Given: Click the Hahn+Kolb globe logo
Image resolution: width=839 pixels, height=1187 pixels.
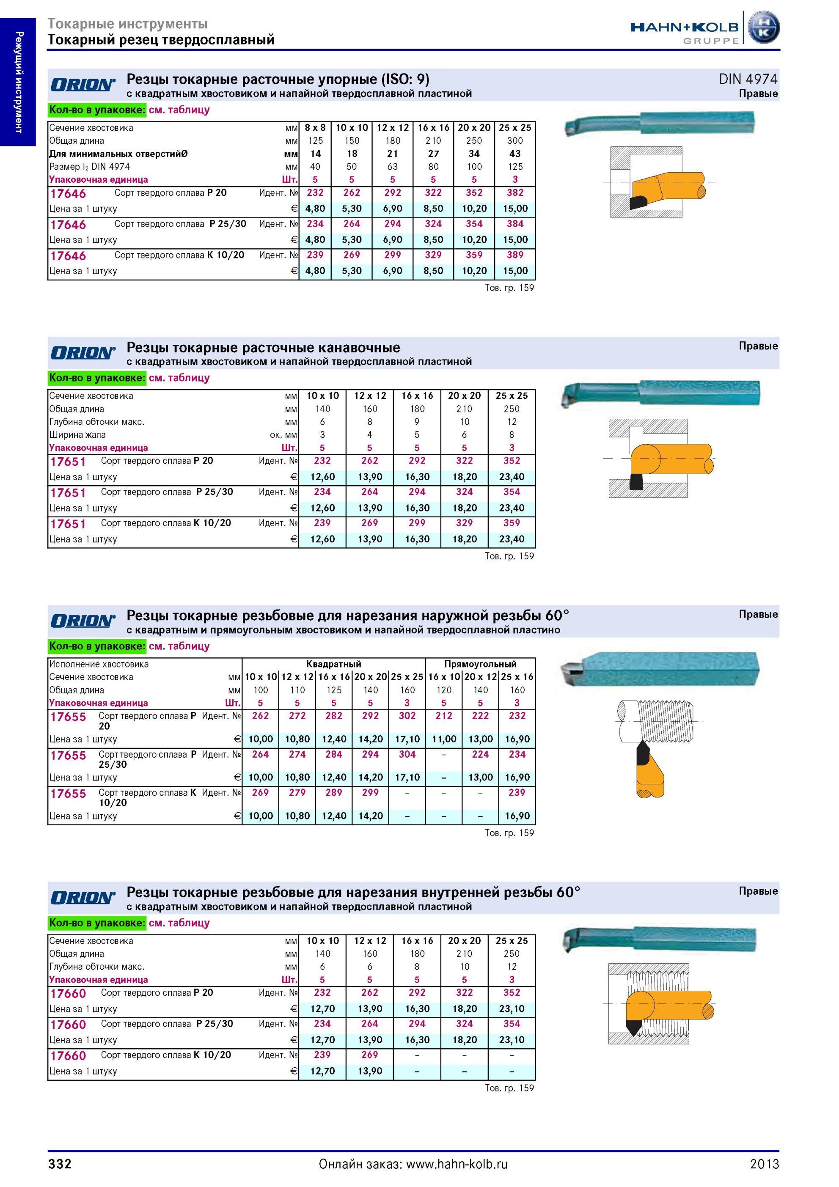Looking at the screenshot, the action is [x=764, y=28].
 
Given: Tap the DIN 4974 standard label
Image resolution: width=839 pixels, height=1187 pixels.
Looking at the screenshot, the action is [x=748, y=79].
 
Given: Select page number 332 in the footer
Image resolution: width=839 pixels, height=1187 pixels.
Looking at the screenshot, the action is [x=60, y=1164].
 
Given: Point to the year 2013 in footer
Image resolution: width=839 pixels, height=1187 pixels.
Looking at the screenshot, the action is [x=765, y=1164].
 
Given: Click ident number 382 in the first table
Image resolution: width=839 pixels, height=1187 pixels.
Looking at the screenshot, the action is [x=515, y=193].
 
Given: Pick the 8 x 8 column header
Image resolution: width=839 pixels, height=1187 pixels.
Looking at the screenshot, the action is [x=315, y=128].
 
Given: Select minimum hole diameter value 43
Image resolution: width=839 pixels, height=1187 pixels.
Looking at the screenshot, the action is [x=515, y=154].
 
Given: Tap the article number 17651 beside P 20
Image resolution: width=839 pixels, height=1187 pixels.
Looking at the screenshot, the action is [x=68, y=462].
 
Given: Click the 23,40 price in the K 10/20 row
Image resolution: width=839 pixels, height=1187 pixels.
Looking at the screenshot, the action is [x=512, y=539].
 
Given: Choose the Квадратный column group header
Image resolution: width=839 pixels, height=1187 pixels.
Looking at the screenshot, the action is [x=333, y=664].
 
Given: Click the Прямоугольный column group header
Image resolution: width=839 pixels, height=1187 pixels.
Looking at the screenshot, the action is [x=480, y=664].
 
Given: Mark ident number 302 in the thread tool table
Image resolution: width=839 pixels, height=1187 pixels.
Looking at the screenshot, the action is [x=407, y=715].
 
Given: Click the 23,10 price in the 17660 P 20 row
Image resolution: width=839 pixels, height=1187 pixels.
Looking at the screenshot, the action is [x=512, y=1008].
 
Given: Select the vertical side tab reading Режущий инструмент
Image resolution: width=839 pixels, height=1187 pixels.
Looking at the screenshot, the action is [x=19, y=82].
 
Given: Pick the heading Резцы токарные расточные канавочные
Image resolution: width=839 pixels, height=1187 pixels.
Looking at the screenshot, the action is [x=263, y=347].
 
